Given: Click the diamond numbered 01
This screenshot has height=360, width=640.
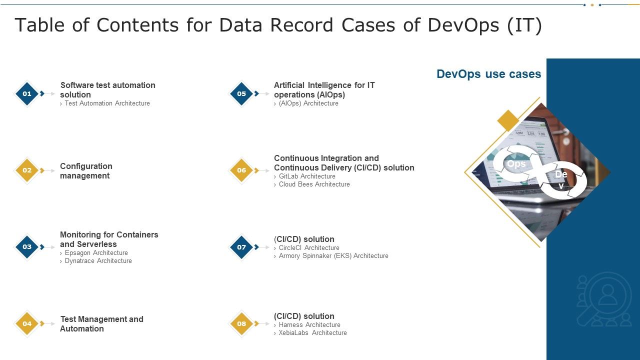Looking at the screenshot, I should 27,93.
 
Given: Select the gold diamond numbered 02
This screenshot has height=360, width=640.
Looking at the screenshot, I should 27,170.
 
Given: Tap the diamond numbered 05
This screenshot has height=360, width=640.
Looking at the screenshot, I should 241,93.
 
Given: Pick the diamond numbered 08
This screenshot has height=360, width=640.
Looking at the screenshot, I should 241,323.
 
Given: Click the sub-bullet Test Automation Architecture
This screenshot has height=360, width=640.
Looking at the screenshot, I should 107,103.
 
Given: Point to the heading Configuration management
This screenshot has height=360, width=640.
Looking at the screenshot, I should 86,171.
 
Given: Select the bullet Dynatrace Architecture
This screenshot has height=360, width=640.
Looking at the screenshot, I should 98,261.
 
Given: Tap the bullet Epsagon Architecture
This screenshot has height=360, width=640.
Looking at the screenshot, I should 96,253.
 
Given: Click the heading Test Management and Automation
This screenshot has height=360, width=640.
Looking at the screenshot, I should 101,324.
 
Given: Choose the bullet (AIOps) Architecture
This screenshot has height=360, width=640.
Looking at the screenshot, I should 308,103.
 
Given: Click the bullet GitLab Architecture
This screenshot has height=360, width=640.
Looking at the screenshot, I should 307,176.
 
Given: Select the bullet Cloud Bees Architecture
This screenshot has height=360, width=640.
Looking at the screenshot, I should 314,184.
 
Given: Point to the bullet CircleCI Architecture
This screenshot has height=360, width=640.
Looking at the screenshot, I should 309,248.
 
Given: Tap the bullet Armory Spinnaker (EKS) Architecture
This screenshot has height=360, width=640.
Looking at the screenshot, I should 333,256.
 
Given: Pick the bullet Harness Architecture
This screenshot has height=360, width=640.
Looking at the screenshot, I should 309,325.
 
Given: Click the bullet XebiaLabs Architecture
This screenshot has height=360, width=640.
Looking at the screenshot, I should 312,333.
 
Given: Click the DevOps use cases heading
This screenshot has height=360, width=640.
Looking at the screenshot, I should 488,74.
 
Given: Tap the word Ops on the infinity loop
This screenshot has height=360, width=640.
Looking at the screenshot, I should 516,164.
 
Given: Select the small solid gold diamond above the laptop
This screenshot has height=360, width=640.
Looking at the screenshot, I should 508,121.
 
